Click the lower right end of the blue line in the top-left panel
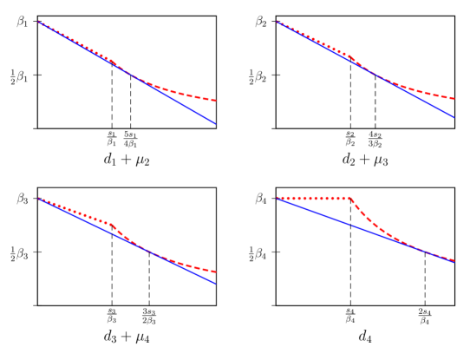point(215,123)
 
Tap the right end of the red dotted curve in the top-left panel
point(215,101)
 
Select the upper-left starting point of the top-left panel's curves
point(39,22)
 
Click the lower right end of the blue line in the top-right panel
point(454,116)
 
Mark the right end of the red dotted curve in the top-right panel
point(454,98)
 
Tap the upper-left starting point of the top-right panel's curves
point(277,22)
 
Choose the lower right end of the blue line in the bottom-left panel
point(215,283)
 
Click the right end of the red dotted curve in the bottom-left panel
point(215,272)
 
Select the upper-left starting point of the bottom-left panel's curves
point(39,199)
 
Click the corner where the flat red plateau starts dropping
point(352,199)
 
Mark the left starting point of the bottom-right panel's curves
point(277,199)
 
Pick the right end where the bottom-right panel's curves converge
point(454,259)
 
